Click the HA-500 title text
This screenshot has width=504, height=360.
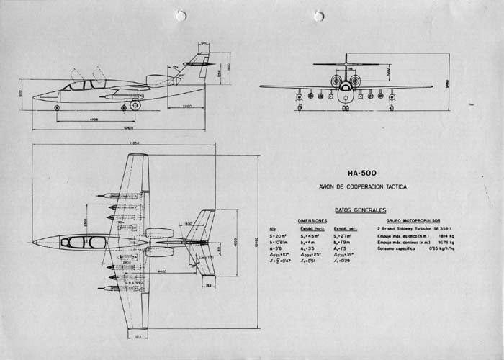366,174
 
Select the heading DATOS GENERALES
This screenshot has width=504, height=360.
360,210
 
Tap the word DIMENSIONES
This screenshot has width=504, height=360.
312,221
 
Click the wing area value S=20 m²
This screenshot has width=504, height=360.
278,235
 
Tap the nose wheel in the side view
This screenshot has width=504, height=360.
57,107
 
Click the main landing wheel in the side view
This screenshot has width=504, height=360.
134,106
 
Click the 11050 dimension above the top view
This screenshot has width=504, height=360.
134,144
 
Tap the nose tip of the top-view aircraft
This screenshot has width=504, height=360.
34,241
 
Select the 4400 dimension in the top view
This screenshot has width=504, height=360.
165,271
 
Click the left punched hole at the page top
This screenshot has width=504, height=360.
181,14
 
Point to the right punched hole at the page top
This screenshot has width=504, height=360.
320,15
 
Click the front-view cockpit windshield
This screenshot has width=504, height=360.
346,81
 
